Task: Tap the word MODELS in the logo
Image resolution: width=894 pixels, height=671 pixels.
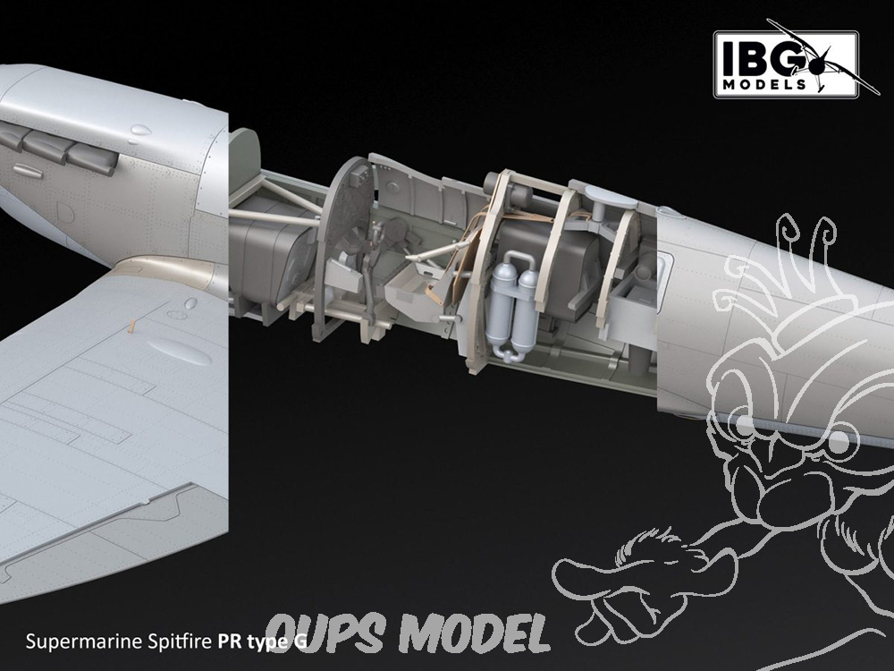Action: point(764,84)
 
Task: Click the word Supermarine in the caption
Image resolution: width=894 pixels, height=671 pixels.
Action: point(83,641)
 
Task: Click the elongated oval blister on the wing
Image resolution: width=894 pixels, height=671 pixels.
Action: point(179,351)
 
